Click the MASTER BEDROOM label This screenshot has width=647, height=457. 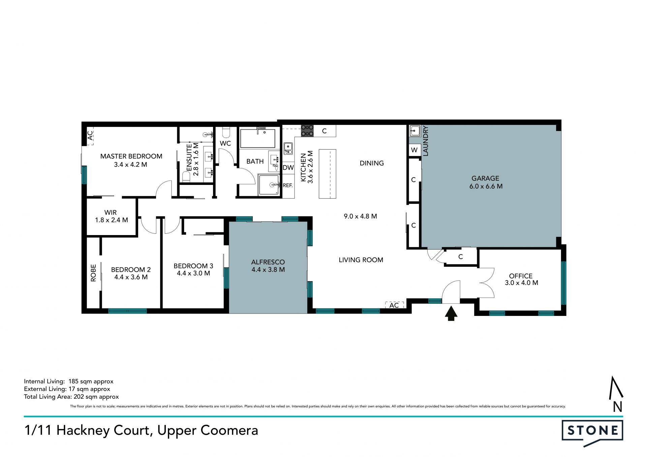pyautogui.click(x=131, y=156)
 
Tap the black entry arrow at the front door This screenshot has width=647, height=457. pyautogui.click(x=451, y=313)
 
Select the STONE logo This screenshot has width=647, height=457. pyautogui.click(x=592, y=433)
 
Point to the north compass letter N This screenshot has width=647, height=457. pyautogui.click(x=617, y=407)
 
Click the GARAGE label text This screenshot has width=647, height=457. pyautogui.click(x=485, y=178)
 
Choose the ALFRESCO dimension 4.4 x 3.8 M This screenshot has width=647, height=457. pyautogui.click(x=268, y=269)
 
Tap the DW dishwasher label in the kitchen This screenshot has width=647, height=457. pyautogui.click(x=288, y=167)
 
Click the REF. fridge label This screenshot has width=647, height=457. pyautogui.click(x=287, y=185)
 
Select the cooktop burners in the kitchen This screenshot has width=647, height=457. pyautogui.click(x=307, y=131)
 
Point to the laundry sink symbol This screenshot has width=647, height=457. pyautogui.click(x=415, y=131)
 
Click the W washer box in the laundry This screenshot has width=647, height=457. pyautogui.click(x=414, y=150)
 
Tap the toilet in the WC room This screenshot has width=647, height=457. pyautogui.click(x=225, y=132)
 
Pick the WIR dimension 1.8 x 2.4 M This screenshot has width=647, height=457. pyautogui.click(x=112, y=220)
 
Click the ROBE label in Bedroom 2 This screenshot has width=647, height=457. pyautogui.click(x=93, y=273)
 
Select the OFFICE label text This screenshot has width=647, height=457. pyautogui.click(x=521, y=276)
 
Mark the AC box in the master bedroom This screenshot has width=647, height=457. pyautogui.click(x=90, y=136)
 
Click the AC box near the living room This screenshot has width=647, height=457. pyautogui.click(x=394, y=305)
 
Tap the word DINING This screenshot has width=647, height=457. pyautogui.click(x=372, y=163)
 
